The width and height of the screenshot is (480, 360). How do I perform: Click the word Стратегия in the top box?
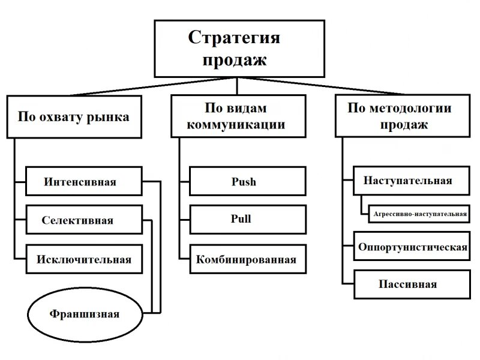coord(234,37)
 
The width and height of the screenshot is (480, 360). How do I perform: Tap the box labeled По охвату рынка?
coord(73,116)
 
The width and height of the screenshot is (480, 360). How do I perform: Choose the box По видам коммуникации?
coord(236,116)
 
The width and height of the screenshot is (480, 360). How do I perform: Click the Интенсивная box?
coord(84,182)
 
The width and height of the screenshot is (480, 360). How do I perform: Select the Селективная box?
coord(84,220)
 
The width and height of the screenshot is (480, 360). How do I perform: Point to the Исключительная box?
coord(84,260)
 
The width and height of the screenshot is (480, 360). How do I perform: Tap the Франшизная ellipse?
coord(85,313)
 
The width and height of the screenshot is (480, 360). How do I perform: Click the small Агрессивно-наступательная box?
coord(419,212)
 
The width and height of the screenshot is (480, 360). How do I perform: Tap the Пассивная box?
coord(411,284)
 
